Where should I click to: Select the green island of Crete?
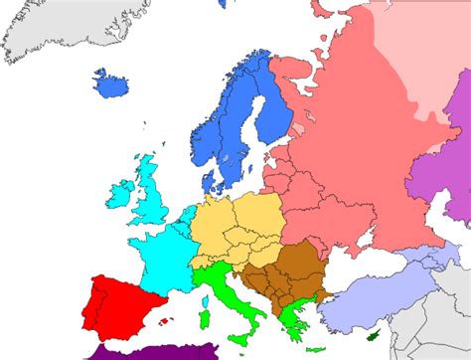[x=315, y=348]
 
